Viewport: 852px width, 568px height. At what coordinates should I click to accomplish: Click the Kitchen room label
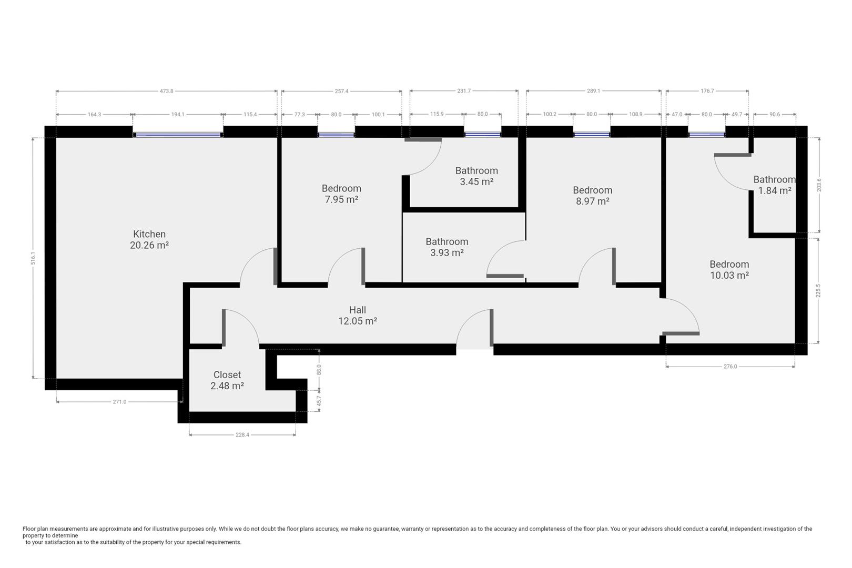click(x=149, y=234)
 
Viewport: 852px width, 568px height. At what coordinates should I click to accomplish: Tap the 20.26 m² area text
click(x=149, y=245)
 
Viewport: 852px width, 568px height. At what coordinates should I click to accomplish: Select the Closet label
click(x=227, y=375)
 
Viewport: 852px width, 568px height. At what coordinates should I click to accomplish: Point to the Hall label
click(x=358, y=310)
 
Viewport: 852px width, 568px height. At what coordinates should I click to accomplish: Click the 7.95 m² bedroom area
click(x=341, y=199)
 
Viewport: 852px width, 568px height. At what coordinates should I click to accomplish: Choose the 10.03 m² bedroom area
click(x=729, y=275)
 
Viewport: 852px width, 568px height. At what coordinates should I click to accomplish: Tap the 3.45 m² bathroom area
click(x=476, y=181)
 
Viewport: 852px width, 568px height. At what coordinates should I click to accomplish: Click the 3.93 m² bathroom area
click(x=447, y=252)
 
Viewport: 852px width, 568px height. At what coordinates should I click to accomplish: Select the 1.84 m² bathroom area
click(x=775, y=190)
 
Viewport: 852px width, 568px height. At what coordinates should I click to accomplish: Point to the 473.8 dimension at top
click(x=167, y=92)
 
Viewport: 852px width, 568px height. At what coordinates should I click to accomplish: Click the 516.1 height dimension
click(x=34, y=258)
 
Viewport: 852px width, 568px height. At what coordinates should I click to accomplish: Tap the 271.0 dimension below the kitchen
click(x=119, y=402)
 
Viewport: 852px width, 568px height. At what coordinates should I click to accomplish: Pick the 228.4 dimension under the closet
click(x=242, y=435)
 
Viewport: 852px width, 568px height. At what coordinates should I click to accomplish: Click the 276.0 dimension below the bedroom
click(x=731, y=367)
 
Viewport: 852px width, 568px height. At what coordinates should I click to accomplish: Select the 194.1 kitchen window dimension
click(x=178, y=115)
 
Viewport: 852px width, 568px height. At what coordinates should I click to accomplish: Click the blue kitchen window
click(x=178, y=135)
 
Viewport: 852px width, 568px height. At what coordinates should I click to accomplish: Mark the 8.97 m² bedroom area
click(x=593, y=201)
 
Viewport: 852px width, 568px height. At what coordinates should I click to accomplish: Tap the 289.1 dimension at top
click(x=593, y=92)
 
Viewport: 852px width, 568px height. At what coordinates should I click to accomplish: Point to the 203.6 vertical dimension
click(x=819, y=185)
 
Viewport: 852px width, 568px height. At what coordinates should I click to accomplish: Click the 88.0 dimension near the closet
click(x=319, y=370)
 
